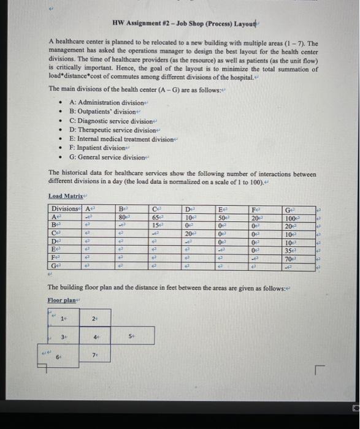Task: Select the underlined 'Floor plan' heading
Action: click(62, 300)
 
